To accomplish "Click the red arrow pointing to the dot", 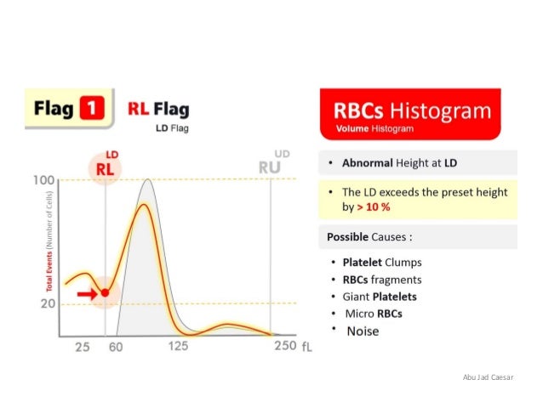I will [86, 293].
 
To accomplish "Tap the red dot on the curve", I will [105, 292].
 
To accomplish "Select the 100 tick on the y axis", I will [43, 180].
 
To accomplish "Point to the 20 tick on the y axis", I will [46, 303].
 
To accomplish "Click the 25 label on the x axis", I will [83, 348].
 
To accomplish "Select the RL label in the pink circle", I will [105, 169].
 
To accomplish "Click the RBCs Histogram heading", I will [413, 111].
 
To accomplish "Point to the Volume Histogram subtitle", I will [374, 129].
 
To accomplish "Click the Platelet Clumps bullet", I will [381, 263].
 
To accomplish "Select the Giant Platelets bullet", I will [380, 297].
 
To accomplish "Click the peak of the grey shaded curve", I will [148, 180].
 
